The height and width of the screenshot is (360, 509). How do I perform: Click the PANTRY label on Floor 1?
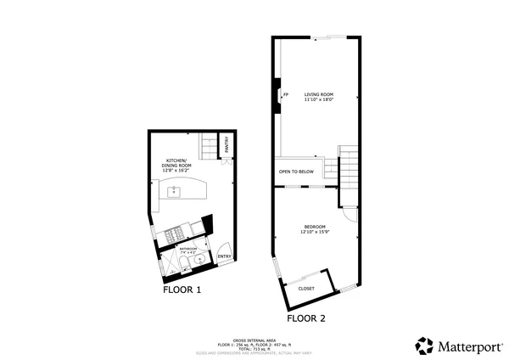pos(227,147)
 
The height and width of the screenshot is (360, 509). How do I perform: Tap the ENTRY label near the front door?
pos(225,256)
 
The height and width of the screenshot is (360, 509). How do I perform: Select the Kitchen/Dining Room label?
pos(176,166)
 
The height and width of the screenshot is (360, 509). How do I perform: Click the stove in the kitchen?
pos(176,233)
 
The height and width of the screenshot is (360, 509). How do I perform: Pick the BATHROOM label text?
pos(187,249)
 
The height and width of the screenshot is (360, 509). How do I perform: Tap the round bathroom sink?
pos(200,260)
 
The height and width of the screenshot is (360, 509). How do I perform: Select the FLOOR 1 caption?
pos(182,290)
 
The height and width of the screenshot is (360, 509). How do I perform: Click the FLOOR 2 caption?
pos(306,318)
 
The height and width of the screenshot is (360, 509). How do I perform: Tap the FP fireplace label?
pos(285,93)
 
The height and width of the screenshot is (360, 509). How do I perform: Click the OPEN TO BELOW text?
pos(296,172)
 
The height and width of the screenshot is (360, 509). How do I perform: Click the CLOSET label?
pos(306,289)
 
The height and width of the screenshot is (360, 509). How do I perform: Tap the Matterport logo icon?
pos(424,346)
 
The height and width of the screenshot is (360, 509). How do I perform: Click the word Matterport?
pos(466,346)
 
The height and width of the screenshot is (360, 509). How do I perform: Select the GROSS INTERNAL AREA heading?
pos(254,339)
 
